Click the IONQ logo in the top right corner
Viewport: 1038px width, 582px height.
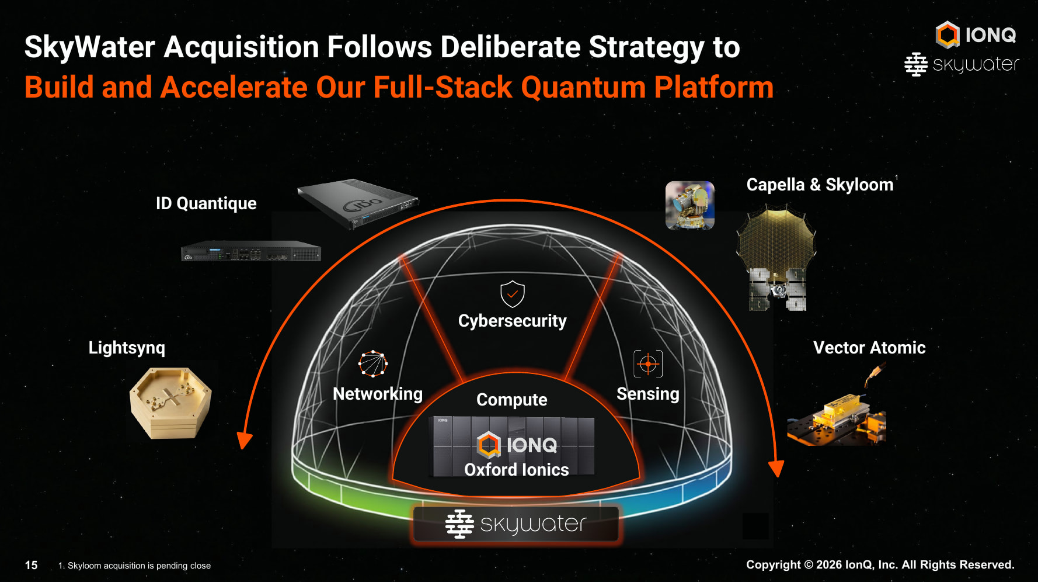976,34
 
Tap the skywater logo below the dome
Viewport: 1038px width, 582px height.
516,524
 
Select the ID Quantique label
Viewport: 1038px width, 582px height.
206,203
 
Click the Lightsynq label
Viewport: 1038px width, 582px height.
127,348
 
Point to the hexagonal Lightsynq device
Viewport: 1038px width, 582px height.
170,403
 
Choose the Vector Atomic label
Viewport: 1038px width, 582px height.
869,348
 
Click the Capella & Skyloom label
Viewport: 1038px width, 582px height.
820,185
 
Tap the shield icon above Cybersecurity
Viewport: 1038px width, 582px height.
513,294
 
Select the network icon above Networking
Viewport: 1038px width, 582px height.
373,363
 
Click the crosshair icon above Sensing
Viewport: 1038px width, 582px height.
648,364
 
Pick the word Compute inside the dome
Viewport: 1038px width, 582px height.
512,400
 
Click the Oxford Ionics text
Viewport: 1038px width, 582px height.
517,470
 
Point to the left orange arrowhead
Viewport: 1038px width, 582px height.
244,441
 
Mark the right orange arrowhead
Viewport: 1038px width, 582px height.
776,469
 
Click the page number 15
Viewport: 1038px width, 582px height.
31,565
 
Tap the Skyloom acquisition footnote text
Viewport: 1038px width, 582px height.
134,566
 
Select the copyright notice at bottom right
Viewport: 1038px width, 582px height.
880,564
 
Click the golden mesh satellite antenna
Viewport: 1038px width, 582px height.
776,237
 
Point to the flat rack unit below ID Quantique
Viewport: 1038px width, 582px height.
251,251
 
